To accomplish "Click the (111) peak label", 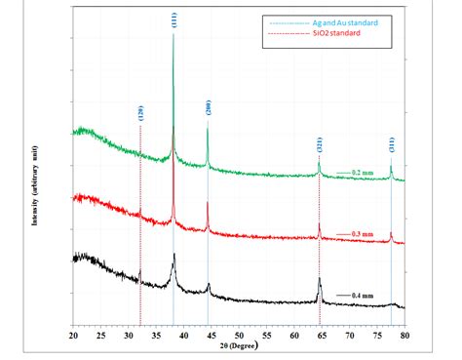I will [173, 19].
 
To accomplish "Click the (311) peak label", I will [391, 148].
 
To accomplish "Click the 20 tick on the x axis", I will [74, 334].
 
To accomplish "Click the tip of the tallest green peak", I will [173, 34].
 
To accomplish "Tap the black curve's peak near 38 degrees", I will [173, 255].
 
